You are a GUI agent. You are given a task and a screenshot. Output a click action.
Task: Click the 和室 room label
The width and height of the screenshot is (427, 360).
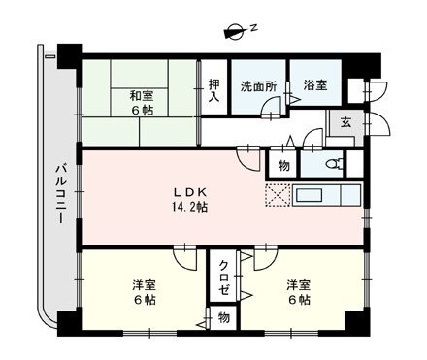pos(141,95)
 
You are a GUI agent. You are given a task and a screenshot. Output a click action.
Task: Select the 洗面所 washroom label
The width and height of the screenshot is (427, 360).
pos(259,84)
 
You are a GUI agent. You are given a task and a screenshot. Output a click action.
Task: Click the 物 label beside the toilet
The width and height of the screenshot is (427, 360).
pos(283,165)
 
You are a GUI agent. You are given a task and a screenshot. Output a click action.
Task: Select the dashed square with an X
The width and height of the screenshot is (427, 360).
pos(278,195)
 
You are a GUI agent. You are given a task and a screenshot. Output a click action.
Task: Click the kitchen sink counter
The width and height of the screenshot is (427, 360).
pos(326,194)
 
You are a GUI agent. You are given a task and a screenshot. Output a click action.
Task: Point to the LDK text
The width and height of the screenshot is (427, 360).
pos(188,191)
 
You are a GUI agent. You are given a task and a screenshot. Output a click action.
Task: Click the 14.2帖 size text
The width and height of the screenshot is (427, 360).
pos(188,207)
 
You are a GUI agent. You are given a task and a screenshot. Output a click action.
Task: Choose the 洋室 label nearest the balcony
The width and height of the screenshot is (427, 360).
pos(145,284)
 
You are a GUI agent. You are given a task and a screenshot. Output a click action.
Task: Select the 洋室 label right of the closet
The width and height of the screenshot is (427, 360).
pos(297,284)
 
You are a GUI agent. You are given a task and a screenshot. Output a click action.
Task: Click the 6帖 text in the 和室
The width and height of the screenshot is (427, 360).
pos(142,111)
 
